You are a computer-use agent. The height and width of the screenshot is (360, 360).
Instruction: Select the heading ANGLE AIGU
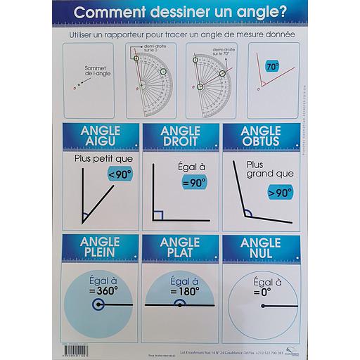pos(101,136)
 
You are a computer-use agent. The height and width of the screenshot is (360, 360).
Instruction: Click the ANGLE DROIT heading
pos(181,136)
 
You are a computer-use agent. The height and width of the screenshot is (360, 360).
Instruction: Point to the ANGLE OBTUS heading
pos(260,136)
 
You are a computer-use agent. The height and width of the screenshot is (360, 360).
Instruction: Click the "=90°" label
pos(193,182)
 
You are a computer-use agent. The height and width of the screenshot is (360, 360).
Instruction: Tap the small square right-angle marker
pos(158,214)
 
